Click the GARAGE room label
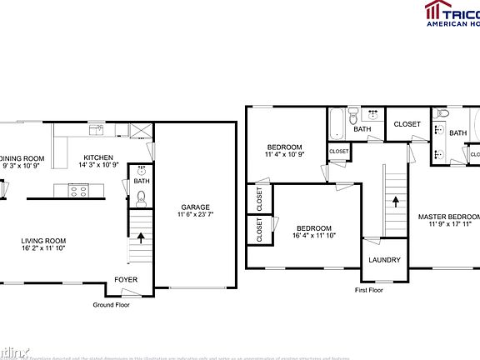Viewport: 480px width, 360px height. point(196,207)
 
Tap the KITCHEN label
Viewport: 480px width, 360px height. point(98,157)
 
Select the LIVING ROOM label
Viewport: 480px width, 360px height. point(43,242)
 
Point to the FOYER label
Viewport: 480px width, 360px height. point(127,279)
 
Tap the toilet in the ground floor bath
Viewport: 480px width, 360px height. point(142,198)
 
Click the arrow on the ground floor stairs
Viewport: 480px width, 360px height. point(140,237)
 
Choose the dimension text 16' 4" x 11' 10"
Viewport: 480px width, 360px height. point(313,237)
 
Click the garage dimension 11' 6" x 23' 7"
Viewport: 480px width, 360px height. point(196,216)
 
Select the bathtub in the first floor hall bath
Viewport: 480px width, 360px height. point(337,123)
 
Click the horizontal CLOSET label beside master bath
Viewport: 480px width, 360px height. point(407,124)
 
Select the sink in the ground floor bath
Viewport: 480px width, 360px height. point(141,171)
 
